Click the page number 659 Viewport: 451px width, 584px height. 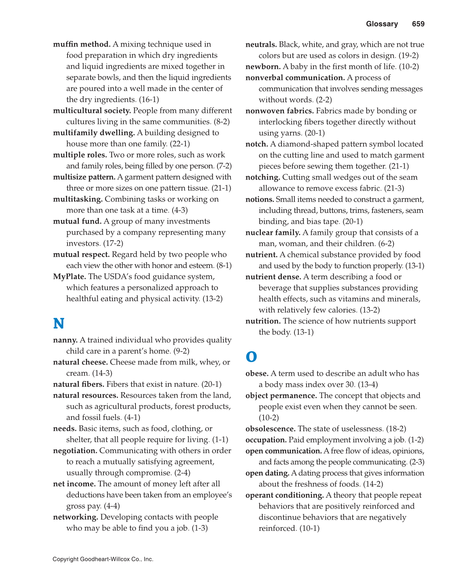pos(418,24)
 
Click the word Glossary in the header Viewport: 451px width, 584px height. pos(381,24)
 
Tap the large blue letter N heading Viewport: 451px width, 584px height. pos(59,323)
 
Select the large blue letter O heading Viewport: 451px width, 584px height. pos(251,357)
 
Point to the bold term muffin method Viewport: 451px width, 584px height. pos(82,44)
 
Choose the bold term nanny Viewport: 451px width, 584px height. pos(65,340)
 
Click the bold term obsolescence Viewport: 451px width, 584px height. pos(270,429)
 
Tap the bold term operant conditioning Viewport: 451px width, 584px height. pos(284,495)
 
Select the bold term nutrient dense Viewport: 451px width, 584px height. pos(273,277)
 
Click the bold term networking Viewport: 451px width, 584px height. pos(75,517)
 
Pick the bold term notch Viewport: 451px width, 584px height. pos(257,144)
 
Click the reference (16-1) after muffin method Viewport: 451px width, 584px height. pos(149,100)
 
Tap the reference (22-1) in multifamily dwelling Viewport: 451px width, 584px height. pos(180,144)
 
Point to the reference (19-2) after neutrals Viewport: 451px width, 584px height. pos(408,55)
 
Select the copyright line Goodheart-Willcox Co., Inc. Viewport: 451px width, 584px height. pos(103,559)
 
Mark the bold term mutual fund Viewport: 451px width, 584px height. pos(77,221)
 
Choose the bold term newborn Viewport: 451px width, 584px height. pos(263,66)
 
